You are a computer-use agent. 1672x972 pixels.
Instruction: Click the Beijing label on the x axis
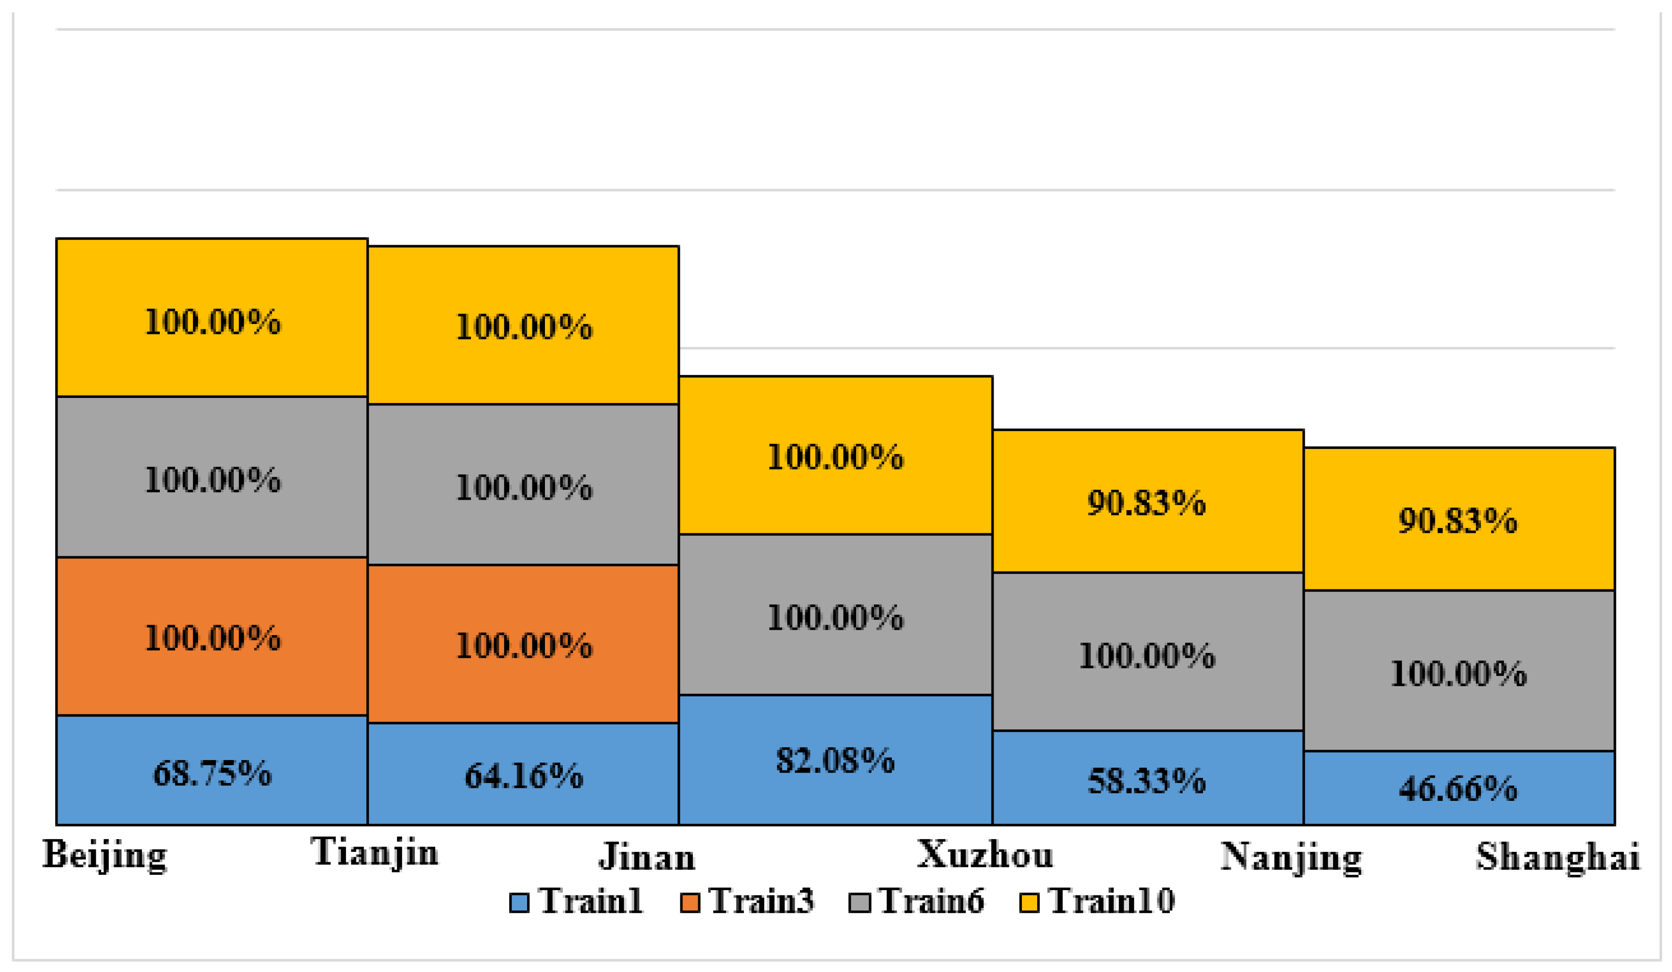[x=105, y=855]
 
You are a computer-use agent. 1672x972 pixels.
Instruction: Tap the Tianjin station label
[x=375, y=852]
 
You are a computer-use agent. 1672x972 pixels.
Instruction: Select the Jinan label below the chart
[x=647, y=857]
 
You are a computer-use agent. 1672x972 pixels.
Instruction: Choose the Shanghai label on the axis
[x=1558, y=857]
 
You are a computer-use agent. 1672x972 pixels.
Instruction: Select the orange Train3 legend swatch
[x=690, y=903]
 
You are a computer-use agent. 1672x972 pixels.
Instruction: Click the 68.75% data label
[x=212, y=774]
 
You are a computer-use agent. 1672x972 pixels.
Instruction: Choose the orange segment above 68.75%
[x=212, y=637]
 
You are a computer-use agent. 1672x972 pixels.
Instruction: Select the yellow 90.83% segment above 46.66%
[x=1459, y=520]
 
